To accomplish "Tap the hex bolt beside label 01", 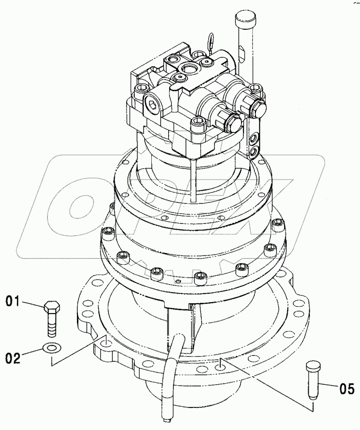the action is [51, 318].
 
